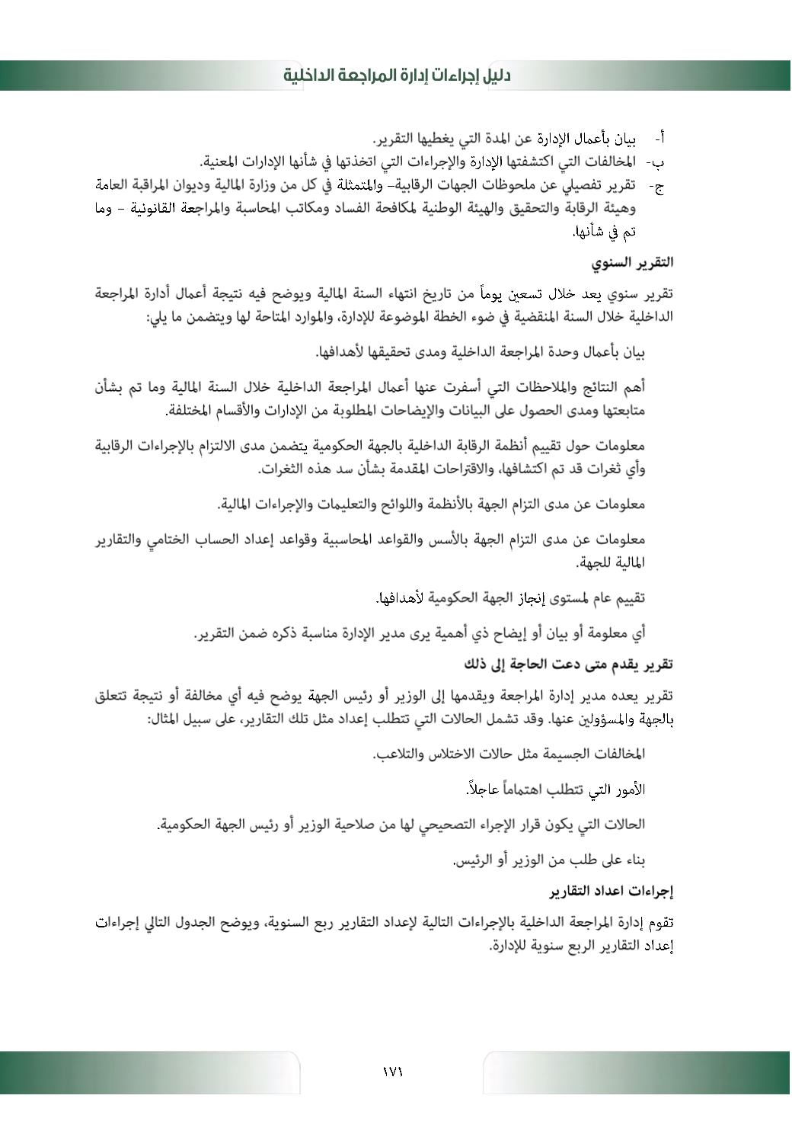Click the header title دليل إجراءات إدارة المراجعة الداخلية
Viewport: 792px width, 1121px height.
397,75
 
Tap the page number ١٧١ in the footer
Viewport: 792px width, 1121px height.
393,1071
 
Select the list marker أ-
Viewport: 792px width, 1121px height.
659,139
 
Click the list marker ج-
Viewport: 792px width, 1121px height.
656,185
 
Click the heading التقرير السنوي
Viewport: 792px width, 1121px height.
632,262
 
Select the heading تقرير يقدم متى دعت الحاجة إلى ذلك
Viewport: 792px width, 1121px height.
568,664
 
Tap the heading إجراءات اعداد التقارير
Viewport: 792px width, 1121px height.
612,890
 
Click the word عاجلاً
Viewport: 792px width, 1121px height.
481,790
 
